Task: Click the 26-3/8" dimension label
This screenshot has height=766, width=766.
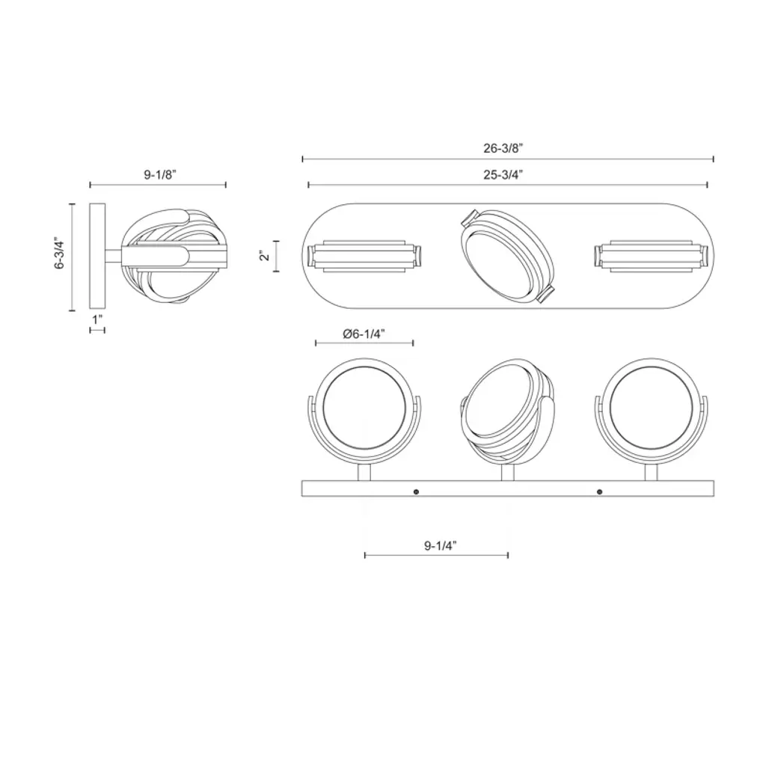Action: coord(503,148)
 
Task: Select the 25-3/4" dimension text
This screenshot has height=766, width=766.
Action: coord(503,174)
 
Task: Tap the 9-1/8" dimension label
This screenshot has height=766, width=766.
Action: coord(160,174)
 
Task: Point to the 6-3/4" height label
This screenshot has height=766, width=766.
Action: coord(60,253)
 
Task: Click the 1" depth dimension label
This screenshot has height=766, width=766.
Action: coord(97,319)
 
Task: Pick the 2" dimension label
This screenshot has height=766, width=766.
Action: coord(265,256)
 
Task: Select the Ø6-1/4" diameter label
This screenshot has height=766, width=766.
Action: coord(364,334)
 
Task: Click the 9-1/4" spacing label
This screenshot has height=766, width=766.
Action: coord(440,545)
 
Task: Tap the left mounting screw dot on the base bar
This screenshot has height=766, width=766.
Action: coord(416,492)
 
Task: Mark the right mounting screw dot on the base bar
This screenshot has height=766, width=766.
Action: coord(599,492)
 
